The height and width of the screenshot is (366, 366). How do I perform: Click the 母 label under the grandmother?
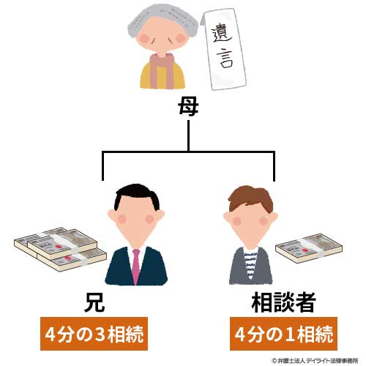point(188,107)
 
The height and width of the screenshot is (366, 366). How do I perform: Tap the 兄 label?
point(94,303)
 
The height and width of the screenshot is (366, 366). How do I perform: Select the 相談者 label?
point(283,302)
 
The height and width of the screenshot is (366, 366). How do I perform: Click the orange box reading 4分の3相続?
point(94,334)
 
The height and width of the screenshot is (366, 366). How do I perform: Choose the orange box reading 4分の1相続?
point(283,334)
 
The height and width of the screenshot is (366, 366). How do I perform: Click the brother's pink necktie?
point(136,266)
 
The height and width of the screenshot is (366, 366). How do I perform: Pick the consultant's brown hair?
point(251,198)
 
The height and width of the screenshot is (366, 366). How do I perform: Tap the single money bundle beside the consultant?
point(309,248)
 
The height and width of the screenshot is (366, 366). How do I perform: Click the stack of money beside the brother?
point(60,249)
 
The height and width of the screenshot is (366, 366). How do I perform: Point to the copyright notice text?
point(315,361)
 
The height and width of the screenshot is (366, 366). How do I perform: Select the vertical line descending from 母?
point(188,135)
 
